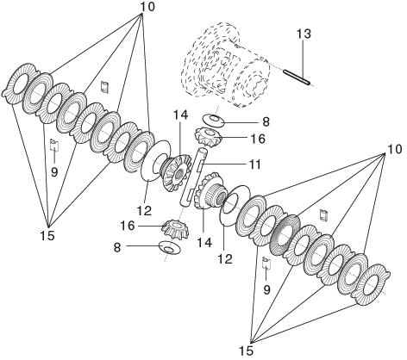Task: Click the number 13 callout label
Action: coord(304,34)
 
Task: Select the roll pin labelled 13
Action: coord(297,78)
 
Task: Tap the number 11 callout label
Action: coord(254,164)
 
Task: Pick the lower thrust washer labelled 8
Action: coord(170,248)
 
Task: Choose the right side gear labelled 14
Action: coord(210,191)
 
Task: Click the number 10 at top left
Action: coord(147,7)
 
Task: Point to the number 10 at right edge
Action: coord(395,149)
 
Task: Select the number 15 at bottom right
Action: coord(247,351)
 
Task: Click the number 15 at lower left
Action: coord(47,236)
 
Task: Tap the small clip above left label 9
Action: coord(54,145)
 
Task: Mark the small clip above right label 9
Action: coord(267,264)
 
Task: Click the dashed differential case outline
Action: coord(225,65)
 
